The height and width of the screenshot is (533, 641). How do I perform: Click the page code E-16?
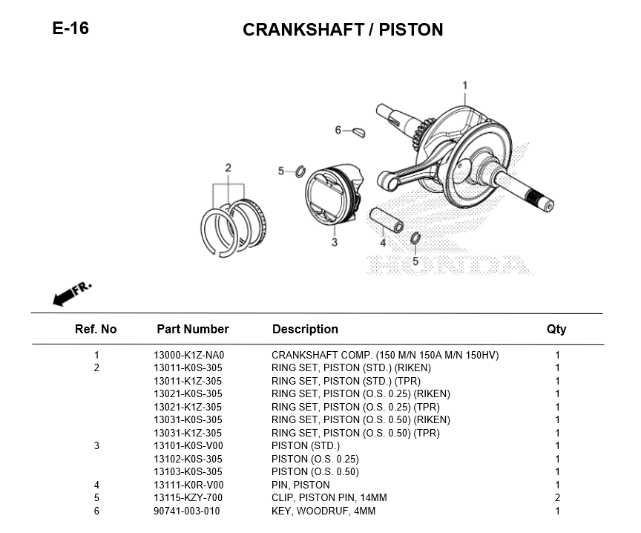[x=70, y=29]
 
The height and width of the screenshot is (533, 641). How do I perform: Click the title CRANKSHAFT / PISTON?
[x=343, y=30]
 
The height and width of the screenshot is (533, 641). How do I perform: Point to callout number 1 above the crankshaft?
[x=465, y=85]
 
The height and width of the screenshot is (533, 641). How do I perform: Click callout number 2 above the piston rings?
[x=229, y=168]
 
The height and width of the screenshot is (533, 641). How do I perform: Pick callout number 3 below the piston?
[x=335, y=242]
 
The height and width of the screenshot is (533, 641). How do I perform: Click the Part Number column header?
[x=193, y=329]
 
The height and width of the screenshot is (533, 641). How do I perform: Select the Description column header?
[x=305, y=329]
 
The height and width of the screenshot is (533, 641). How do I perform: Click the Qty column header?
[x=556, y=329]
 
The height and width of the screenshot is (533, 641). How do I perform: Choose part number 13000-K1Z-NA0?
[x=188, y=355]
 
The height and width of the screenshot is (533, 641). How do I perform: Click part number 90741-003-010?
[x=187, y=511]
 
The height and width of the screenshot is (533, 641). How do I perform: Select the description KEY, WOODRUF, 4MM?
[x=323, y=511]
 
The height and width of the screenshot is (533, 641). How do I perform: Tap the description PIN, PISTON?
[x=300, y=485]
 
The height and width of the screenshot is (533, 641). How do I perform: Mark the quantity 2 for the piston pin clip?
[x=557, y=497]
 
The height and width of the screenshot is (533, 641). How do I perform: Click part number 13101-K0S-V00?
[x=188, y=445]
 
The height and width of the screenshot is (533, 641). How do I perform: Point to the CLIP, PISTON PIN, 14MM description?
[x=329, y=497]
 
